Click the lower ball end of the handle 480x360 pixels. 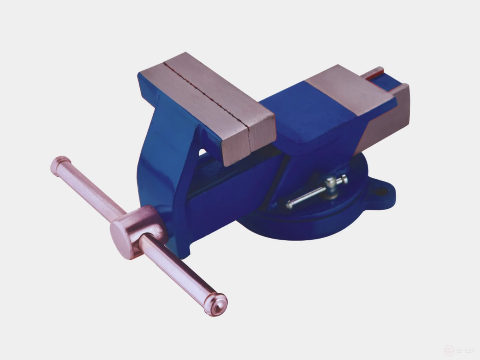216,304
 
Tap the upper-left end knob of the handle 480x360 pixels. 60,165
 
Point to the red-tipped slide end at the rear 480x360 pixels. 375,73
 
